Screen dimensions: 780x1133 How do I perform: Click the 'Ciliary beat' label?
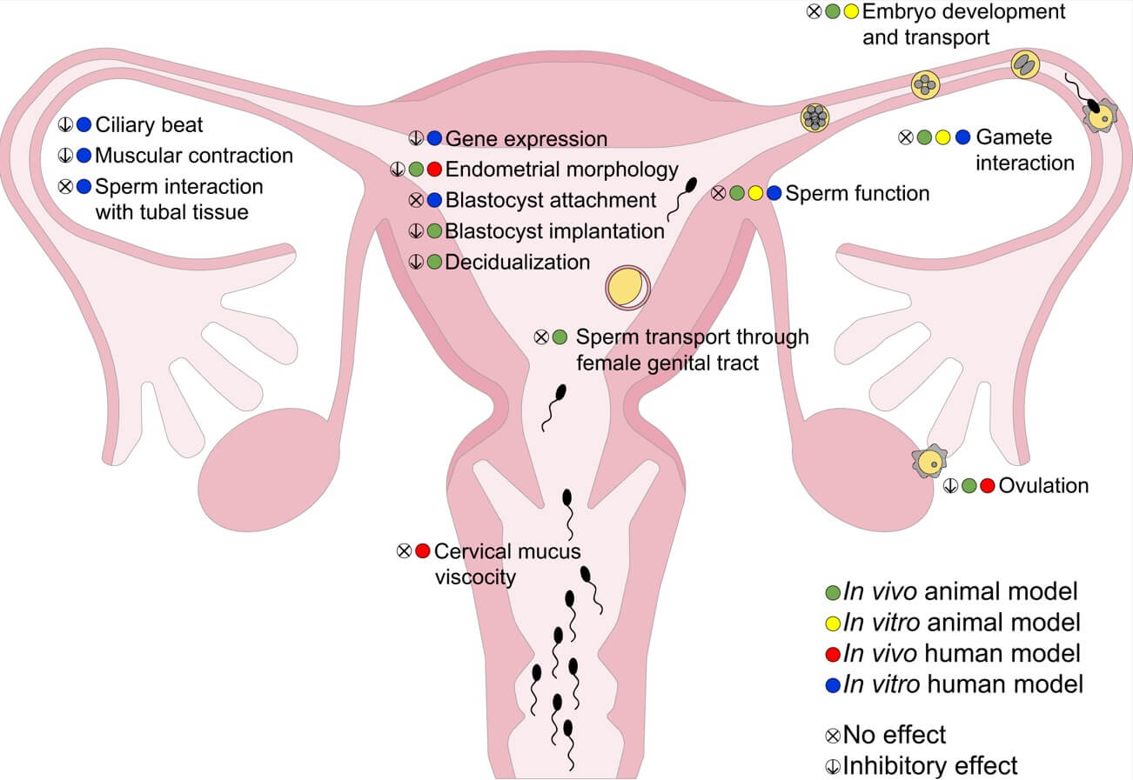(x=149, y=125)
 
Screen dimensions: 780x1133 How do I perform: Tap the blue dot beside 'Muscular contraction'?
(x=84, y=156)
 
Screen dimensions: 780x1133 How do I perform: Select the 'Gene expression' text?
(x=526, y=139)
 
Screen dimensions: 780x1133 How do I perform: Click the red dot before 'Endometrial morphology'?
(x=435, y=170)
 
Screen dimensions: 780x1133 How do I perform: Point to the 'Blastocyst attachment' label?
(x=550, y=201)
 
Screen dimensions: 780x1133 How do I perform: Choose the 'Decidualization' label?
(x=517, y=262)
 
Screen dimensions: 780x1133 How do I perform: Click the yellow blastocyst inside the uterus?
(x=627, y=288)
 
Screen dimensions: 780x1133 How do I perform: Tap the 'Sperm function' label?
(x=857, y=193)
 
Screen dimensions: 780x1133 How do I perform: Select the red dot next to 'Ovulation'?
(x=987, y=486)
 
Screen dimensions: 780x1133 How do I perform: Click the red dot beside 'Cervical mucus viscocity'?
(x=422, y=550)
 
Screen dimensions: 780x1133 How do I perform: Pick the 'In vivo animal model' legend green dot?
(x=833, y=593)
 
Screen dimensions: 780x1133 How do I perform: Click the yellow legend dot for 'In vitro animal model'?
(x=833, y=623)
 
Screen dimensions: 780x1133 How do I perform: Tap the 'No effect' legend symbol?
(x=833, y=736)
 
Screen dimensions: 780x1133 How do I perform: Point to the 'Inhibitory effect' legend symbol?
(x=833, y=766)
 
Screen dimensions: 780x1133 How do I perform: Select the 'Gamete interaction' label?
(x=1024, y=150)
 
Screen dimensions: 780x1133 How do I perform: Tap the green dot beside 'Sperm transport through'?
(x=560, y=337)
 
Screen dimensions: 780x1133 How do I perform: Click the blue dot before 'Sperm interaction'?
(x=84, y=186)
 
